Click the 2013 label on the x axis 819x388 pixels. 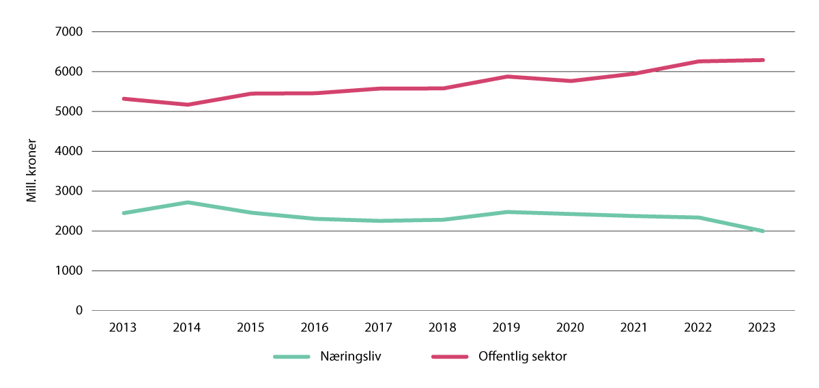point(123,327)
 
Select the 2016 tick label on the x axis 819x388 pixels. point(315,327)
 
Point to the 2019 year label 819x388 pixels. point(506,327)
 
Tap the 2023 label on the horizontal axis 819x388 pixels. point(762,327)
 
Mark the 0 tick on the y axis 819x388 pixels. point(79,311)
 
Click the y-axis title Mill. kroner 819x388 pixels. point(31,171)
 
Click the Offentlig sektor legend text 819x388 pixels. point(523,357)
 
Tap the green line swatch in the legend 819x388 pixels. point(292,357)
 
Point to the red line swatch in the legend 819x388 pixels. point(450,357)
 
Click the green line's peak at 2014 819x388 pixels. point(187,202)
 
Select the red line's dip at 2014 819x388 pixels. point(187,105)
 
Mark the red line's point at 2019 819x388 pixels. point(506,77)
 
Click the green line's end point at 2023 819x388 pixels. point(762,231)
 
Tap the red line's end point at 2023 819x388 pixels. point(762,60)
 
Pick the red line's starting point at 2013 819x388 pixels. point(124,98)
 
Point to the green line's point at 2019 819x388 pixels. point(506,212)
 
